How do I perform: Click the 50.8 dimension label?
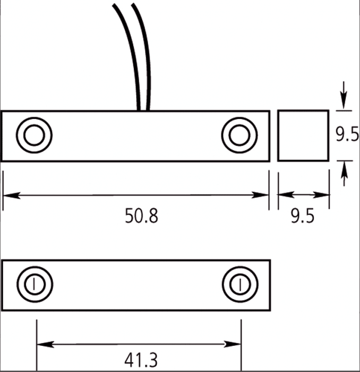(141, 216)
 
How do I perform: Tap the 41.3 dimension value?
(141, 360)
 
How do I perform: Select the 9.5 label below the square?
(303, 216)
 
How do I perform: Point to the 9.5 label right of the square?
(347, 134)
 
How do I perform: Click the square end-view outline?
(278, 135)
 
